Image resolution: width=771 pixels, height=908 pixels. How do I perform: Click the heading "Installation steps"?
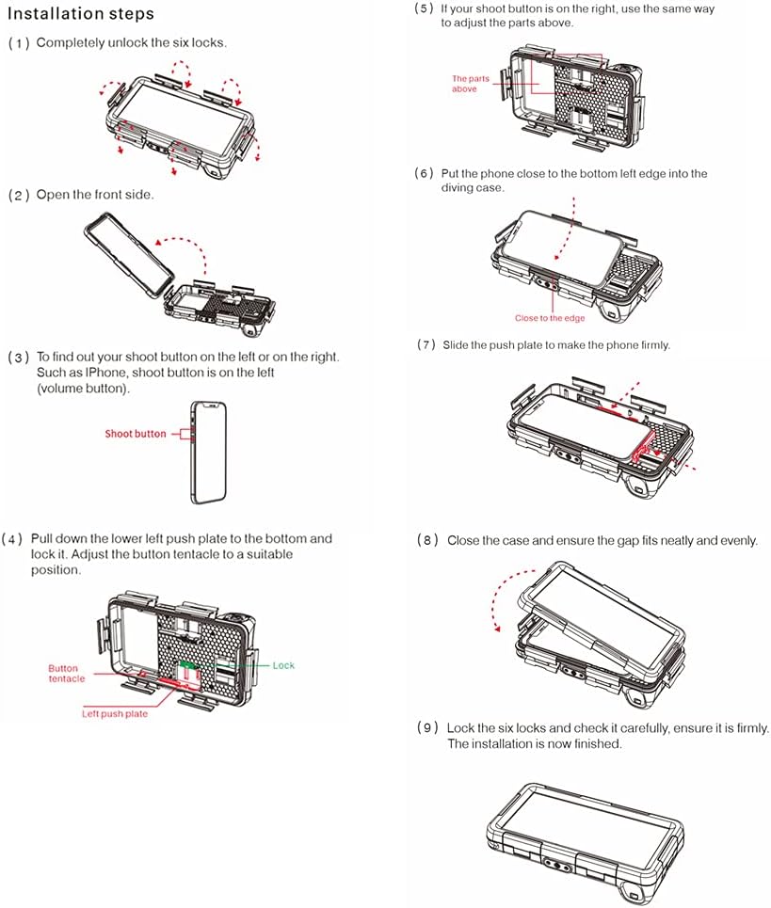pyautogui.click(x=81, y=14)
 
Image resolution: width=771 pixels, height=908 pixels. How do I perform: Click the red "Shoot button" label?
pyautogui.click(x=135, y=434)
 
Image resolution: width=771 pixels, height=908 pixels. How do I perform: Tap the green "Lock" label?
pyautogui.click(x=283, y=665)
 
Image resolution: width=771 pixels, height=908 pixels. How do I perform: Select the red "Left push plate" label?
pyautogui.click(x=115, y=714)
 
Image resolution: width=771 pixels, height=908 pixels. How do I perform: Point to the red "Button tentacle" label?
pyautogui.click(x=67, y=674)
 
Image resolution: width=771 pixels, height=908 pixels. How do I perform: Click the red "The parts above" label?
pyautogui.click(x=471, y=84)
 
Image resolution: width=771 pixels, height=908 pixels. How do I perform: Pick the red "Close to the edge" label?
pyautogui.click(x=550, y=318)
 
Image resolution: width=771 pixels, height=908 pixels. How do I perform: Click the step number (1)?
pyautogui.click(x=19, y=43)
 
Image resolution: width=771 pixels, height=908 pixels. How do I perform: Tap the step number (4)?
pyautogui.click(x=12, y=539)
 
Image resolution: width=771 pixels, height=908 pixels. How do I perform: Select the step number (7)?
pyautogui.click(x=426, y=345)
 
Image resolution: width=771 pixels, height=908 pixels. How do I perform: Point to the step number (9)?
pyautogui.click(x=427, y=728)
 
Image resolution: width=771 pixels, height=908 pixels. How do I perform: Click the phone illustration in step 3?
pyautogui.click(x=208, y=453)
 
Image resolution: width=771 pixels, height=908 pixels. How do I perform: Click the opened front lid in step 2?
pyautogui.click(x=129, y=255)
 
